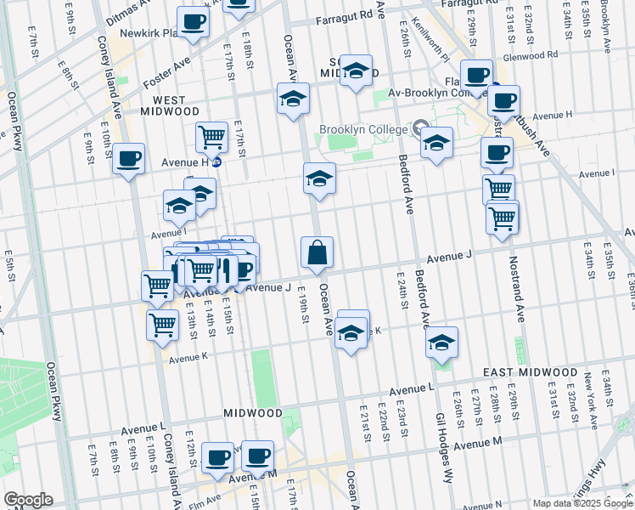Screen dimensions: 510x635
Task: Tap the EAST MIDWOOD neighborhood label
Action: [x=530, y=373]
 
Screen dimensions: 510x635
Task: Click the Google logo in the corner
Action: [x=27, y=500]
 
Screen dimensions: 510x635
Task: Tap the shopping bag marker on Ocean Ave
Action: [x=317, y=252]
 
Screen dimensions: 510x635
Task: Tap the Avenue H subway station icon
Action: [x=216, y=161]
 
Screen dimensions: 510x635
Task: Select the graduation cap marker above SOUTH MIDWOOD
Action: [x=357, y=71]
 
